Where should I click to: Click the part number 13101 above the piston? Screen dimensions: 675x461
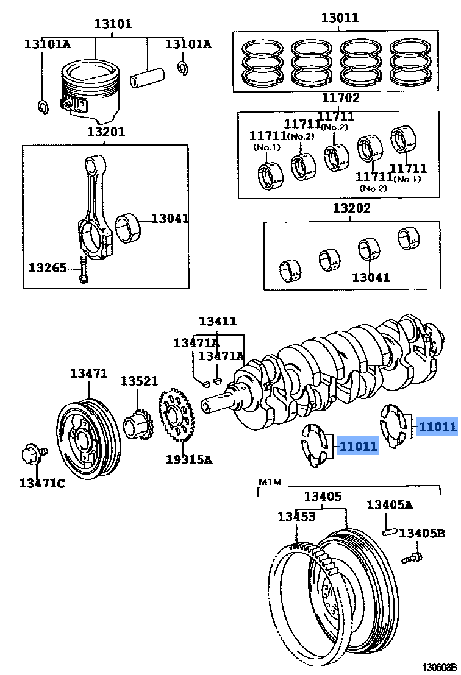point(112,25)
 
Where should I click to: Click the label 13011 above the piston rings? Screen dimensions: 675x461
point(340,18)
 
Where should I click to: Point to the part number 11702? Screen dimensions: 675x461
point(341,97)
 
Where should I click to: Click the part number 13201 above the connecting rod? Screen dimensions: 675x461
point(105,132)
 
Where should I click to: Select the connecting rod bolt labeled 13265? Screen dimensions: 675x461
point(82,269)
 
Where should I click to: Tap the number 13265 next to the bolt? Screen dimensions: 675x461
point(47,267)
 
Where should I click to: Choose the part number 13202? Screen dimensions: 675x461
point(351,208)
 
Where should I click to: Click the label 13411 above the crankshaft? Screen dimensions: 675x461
point(218,321)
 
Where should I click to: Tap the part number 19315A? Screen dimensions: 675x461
point(188,460)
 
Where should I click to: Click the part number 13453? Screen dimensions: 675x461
point(296,517)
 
